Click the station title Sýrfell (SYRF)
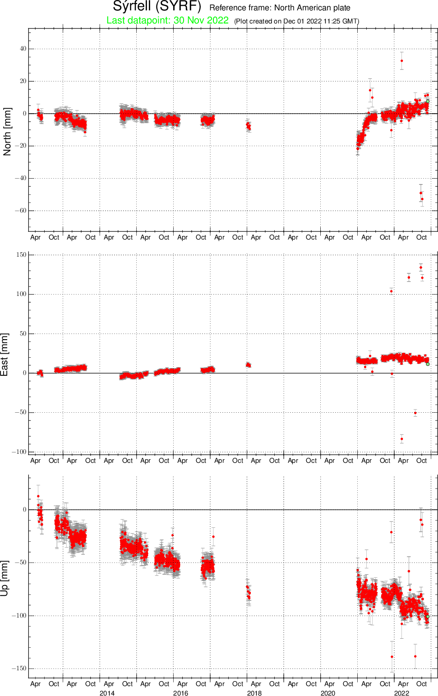pos(157,6)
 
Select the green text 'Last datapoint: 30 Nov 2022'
pos(167,20)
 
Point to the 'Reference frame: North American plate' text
pos(280,8)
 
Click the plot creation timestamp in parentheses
pos(297,21)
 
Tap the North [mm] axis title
pos(7,132)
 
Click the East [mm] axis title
pos(5,355)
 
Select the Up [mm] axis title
pos(5,579)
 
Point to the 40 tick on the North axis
pos(23,49)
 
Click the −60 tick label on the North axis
pos(20,211)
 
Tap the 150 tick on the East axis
pos(22,255)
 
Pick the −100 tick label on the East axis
pos(19,452)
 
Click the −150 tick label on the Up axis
pos(19,668)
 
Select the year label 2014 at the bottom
pos(107,693)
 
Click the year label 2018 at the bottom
pos(254,693)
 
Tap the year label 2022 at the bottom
pos(401,693)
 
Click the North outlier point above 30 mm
pos(401,61)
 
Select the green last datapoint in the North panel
pos(428,101)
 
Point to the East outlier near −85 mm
pos(401,439)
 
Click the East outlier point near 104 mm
pos(392,291)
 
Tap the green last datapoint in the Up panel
pos(428,617)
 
